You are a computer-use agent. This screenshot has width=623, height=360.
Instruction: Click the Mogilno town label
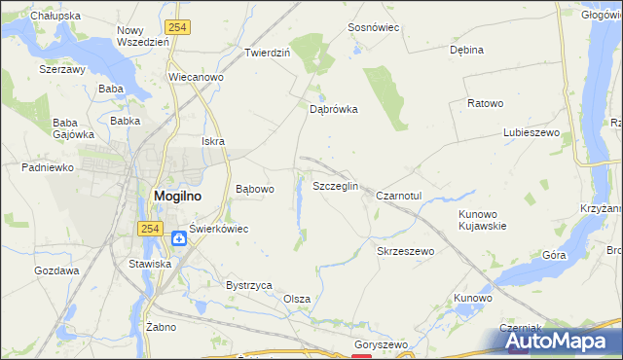click(178, 195)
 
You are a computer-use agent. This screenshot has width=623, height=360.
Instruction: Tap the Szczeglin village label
click(336, 186)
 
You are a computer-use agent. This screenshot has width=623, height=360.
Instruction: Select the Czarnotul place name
click(398, 196)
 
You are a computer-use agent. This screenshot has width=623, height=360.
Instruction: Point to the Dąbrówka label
click(334, 110)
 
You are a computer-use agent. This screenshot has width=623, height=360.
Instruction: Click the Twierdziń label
click(268, 53)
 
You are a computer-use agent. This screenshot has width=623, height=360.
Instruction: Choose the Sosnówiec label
click(374, 28)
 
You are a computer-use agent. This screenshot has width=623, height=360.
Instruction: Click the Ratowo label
click(485, 103)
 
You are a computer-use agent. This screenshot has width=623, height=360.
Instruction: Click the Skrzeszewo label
click(405, 251)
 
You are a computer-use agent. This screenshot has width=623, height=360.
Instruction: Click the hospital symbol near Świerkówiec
click(179, 238)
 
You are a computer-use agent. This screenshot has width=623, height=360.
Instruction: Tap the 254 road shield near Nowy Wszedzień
click(177, 28)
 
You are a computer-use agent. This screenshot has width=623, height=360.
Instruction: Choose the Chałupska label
click(55, 17)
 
